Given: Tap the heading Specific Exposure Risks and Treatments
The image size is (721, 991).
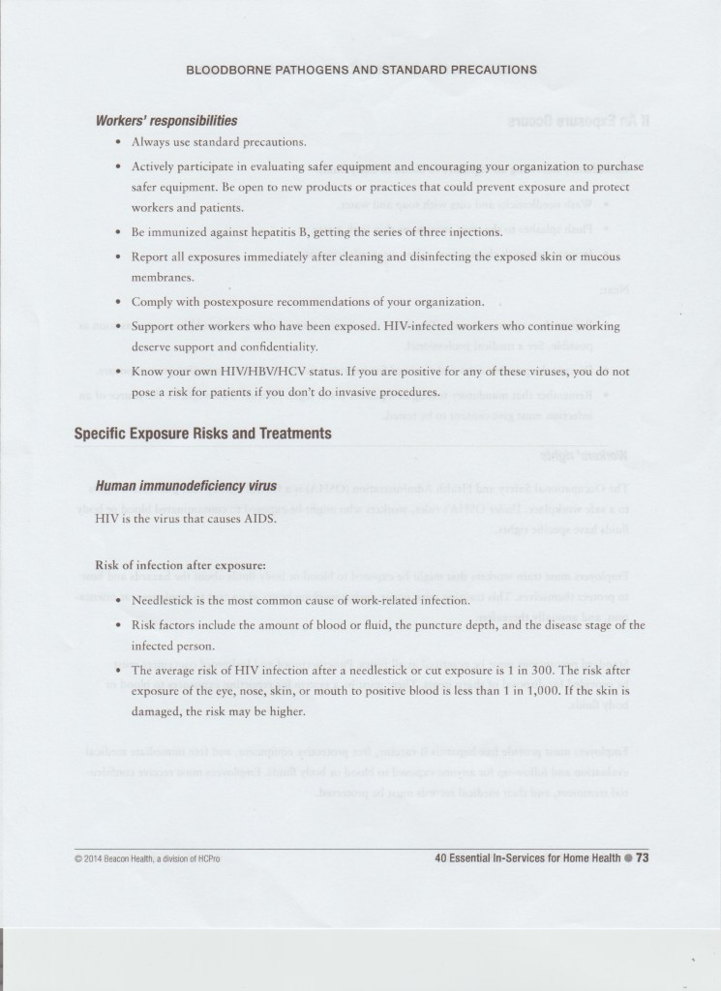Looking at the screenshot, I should (x=203, y=433).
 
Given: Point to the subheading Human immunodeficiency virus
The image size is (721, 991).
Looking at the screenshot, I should (x=186, y=485).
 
